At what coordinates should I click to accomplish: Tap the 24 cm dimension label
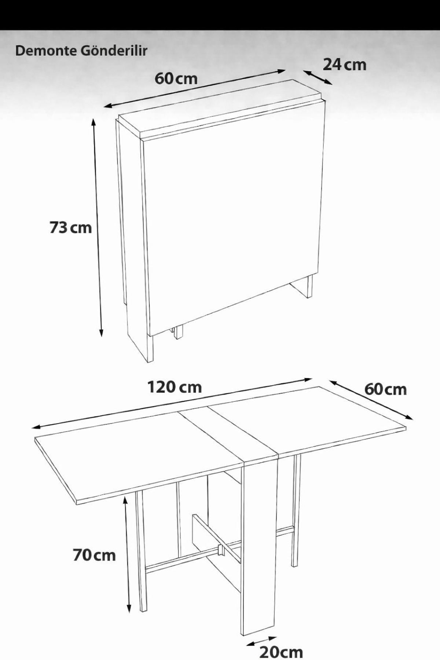click(x=344, y=65)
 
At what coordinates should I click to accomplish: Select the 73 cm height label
click(x=70, y=228)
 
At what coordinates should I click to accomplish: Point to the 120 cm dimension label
click(x=175, y=387)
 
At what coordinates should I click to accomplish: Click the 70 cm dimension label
click(x=94, y=555)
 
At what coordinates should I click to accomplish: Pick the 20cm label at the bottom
click(x=281, y=652)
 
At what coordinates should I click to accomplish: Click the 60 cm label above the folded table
click(x=176, y=78)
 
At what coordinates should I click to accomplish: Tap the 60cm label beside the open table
click(x=386, y=389)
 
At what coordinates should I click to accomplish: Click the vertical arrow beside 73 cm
click(x=98, y=227)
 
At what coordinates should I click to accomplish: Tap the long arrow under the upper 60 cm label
click(x=194, y=89)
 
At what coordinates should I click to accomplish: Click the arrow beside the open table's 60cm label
click(x=371, y=399)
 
